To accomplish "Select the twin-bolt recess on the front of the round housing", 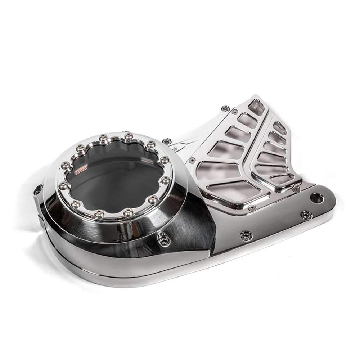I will pos(164,239).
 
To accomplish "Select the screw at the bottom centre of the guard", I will pos(252,208).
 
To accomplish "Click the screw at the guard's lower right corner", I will pos(296,189).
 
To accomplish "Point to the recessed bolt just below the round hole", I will pos(306,215).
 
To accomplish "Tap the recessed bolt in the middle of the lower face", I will pos(246,235).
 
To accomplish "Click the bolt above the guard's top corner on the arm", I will pos(225,108).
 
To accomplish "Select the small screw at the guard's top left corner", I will pos(235,112).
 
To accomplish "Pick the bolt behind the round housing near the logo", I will pos(166,141).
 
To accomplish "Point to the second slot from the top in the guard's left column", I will pos(248,120).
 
